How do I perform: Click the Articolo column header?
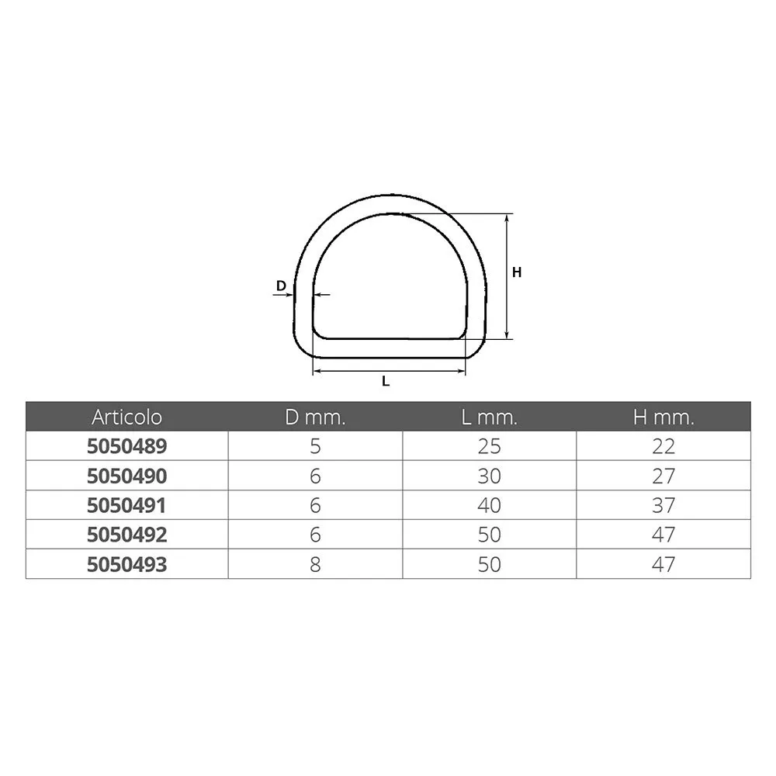126,417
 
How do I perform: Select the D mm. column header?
315,417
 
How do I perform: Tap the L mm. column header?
490,417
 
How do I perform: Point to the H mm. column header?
663,417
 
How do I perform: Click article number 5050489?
126,446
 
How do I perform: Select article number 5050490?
126,476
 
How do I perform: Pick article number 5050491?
126,505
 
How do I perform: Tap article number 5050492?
126,535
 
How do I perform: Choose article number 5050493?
126,564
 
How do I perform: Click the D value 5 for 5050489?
315,446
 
